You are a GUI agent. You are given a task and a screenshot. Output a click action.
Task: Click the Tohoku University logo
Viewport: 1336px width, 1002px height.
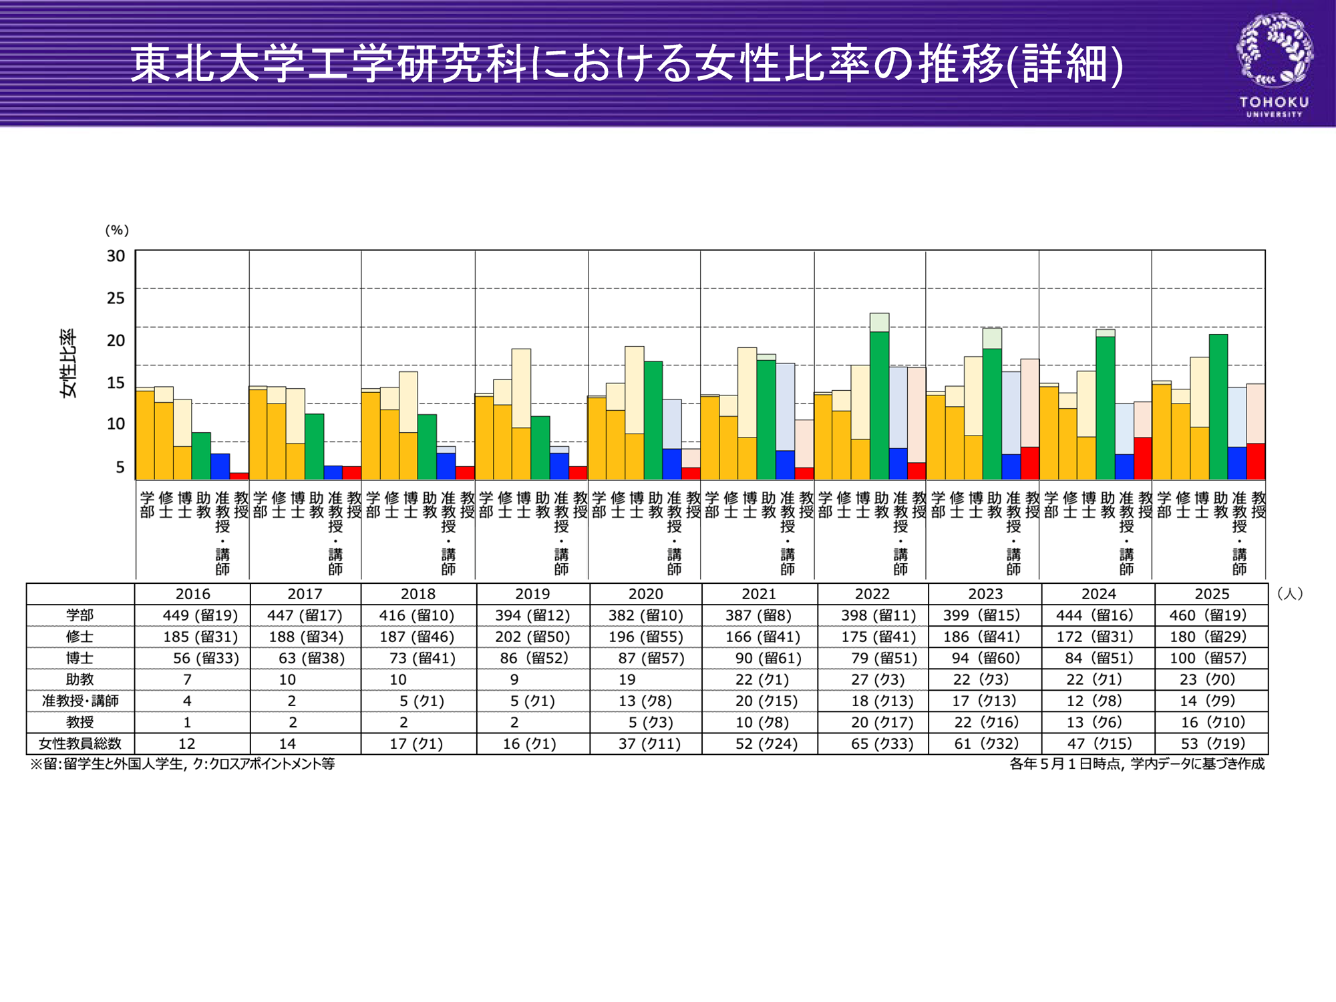pyautogui.click(x=1275, y=65)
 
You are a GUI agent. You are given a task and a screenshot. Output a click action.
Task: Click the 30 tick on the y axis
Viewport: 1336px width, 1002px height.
pyautogui.click(x=116, y=256)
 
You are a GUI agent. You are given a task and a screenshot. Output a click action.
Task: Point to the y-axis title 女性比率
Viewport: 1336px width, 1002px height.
pyautogui.click(x=69, y=363)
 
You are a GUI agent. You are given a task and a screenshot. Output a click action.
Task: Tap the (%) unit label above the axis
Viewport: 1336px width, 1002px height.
pyautogui.click(x=117, y=230)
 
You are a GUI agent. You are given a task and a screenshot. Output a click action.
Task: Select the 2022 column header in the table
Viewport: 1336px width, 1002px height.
pyautogui.click(x=872, y=594)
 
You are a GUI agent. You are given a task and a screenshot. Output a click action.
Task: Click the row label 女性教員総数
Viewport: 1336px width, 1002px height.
pyautogui.click(x=80, y=743)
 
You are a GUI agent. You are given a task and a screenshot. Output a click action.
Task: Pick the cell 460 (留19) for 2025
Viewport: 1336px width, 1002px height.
pyautogui.click(x=1211, y=615)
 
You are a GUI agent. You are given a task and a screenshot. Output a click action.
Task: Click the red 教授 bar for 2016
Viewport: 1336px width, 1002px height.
pyautogui.click(x=239, y=476)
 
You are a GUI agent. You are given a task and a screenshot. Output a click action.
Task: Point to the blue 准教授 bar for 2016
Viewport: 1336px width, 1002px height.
pyautogui.click(x=220, y=466)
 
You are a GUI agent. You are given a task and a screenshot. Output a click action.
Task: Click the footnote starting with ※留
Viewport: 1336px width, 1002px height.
pyautogui.click(x=182, y=764)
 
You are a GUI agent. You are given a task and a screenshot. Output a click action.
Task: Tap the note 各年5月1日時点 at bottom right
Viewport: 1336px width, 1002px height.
pyautogui.click(x=1136, y=764)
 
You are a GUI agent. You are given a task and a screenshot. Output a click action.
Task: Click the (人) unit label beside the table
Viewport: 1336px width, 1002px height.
pyautogui.click(x=1289, y=593)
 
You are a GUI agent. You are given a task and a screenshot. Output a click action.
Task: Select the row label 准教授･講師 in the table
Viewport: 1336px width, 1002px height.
pyautogui.click(x=80, y=701)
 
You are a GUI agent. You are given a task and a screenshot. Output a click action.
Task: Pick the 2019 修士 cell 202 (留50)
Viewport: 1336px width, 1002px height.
pyautogui.click(x=532, y=637)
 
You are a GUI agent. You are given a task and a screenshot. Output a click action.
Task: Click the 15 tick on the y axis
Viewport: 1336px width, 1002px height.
pyautogui.click(x=116, y=382)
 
